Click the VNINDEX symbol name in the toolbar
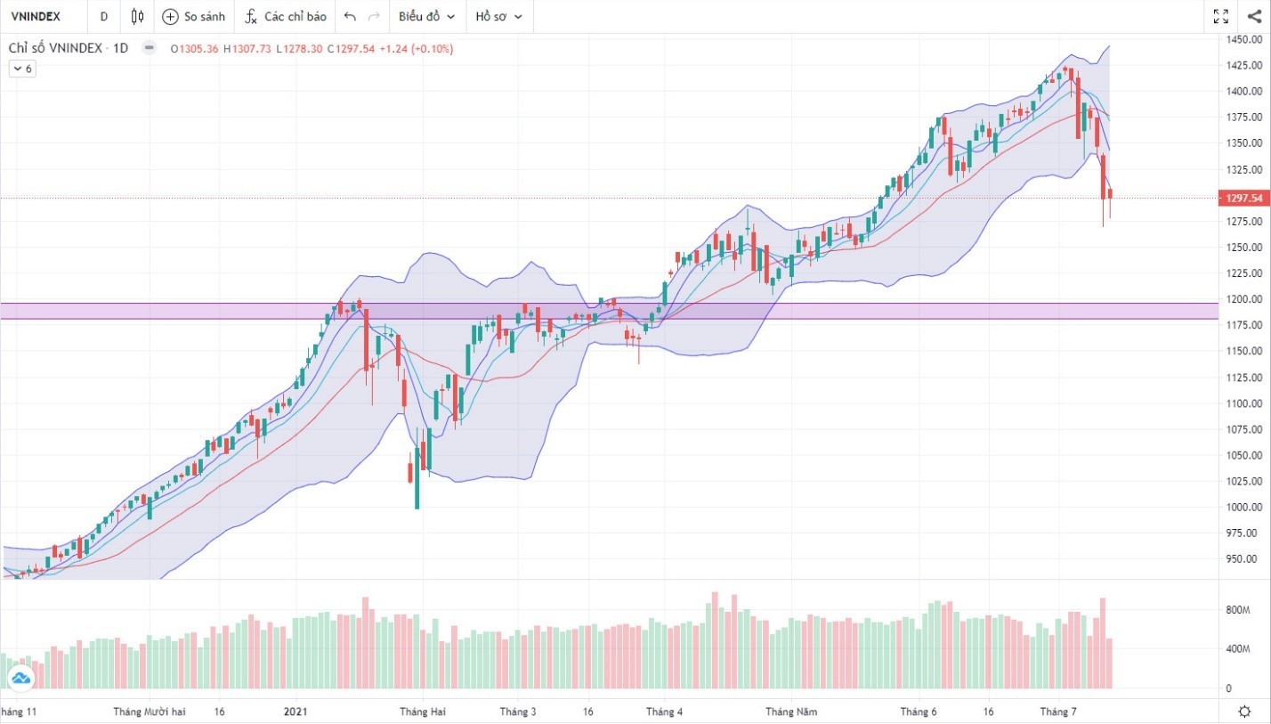coord(36,16)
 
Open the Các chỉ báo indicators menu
coord(286,16)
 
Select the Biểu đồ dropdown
coord(426,16)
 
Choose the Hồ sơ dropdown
coord(498,16)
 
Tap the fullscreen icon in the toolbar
coord(1220,16)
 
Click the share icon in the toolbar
coord(1253,16)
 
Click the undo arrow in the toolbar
coord(350,16)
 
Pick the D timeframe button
coord(104,16)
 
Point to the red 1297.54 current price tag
coord(1244,198)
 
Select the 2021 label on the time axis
coord(295,712)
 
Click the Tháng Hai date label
coord(423,712)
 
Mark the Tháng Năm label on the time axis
coord(792,712)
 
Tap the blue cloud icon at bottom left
coord(20,679)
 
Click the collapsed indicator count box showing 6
coord(22,69)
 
